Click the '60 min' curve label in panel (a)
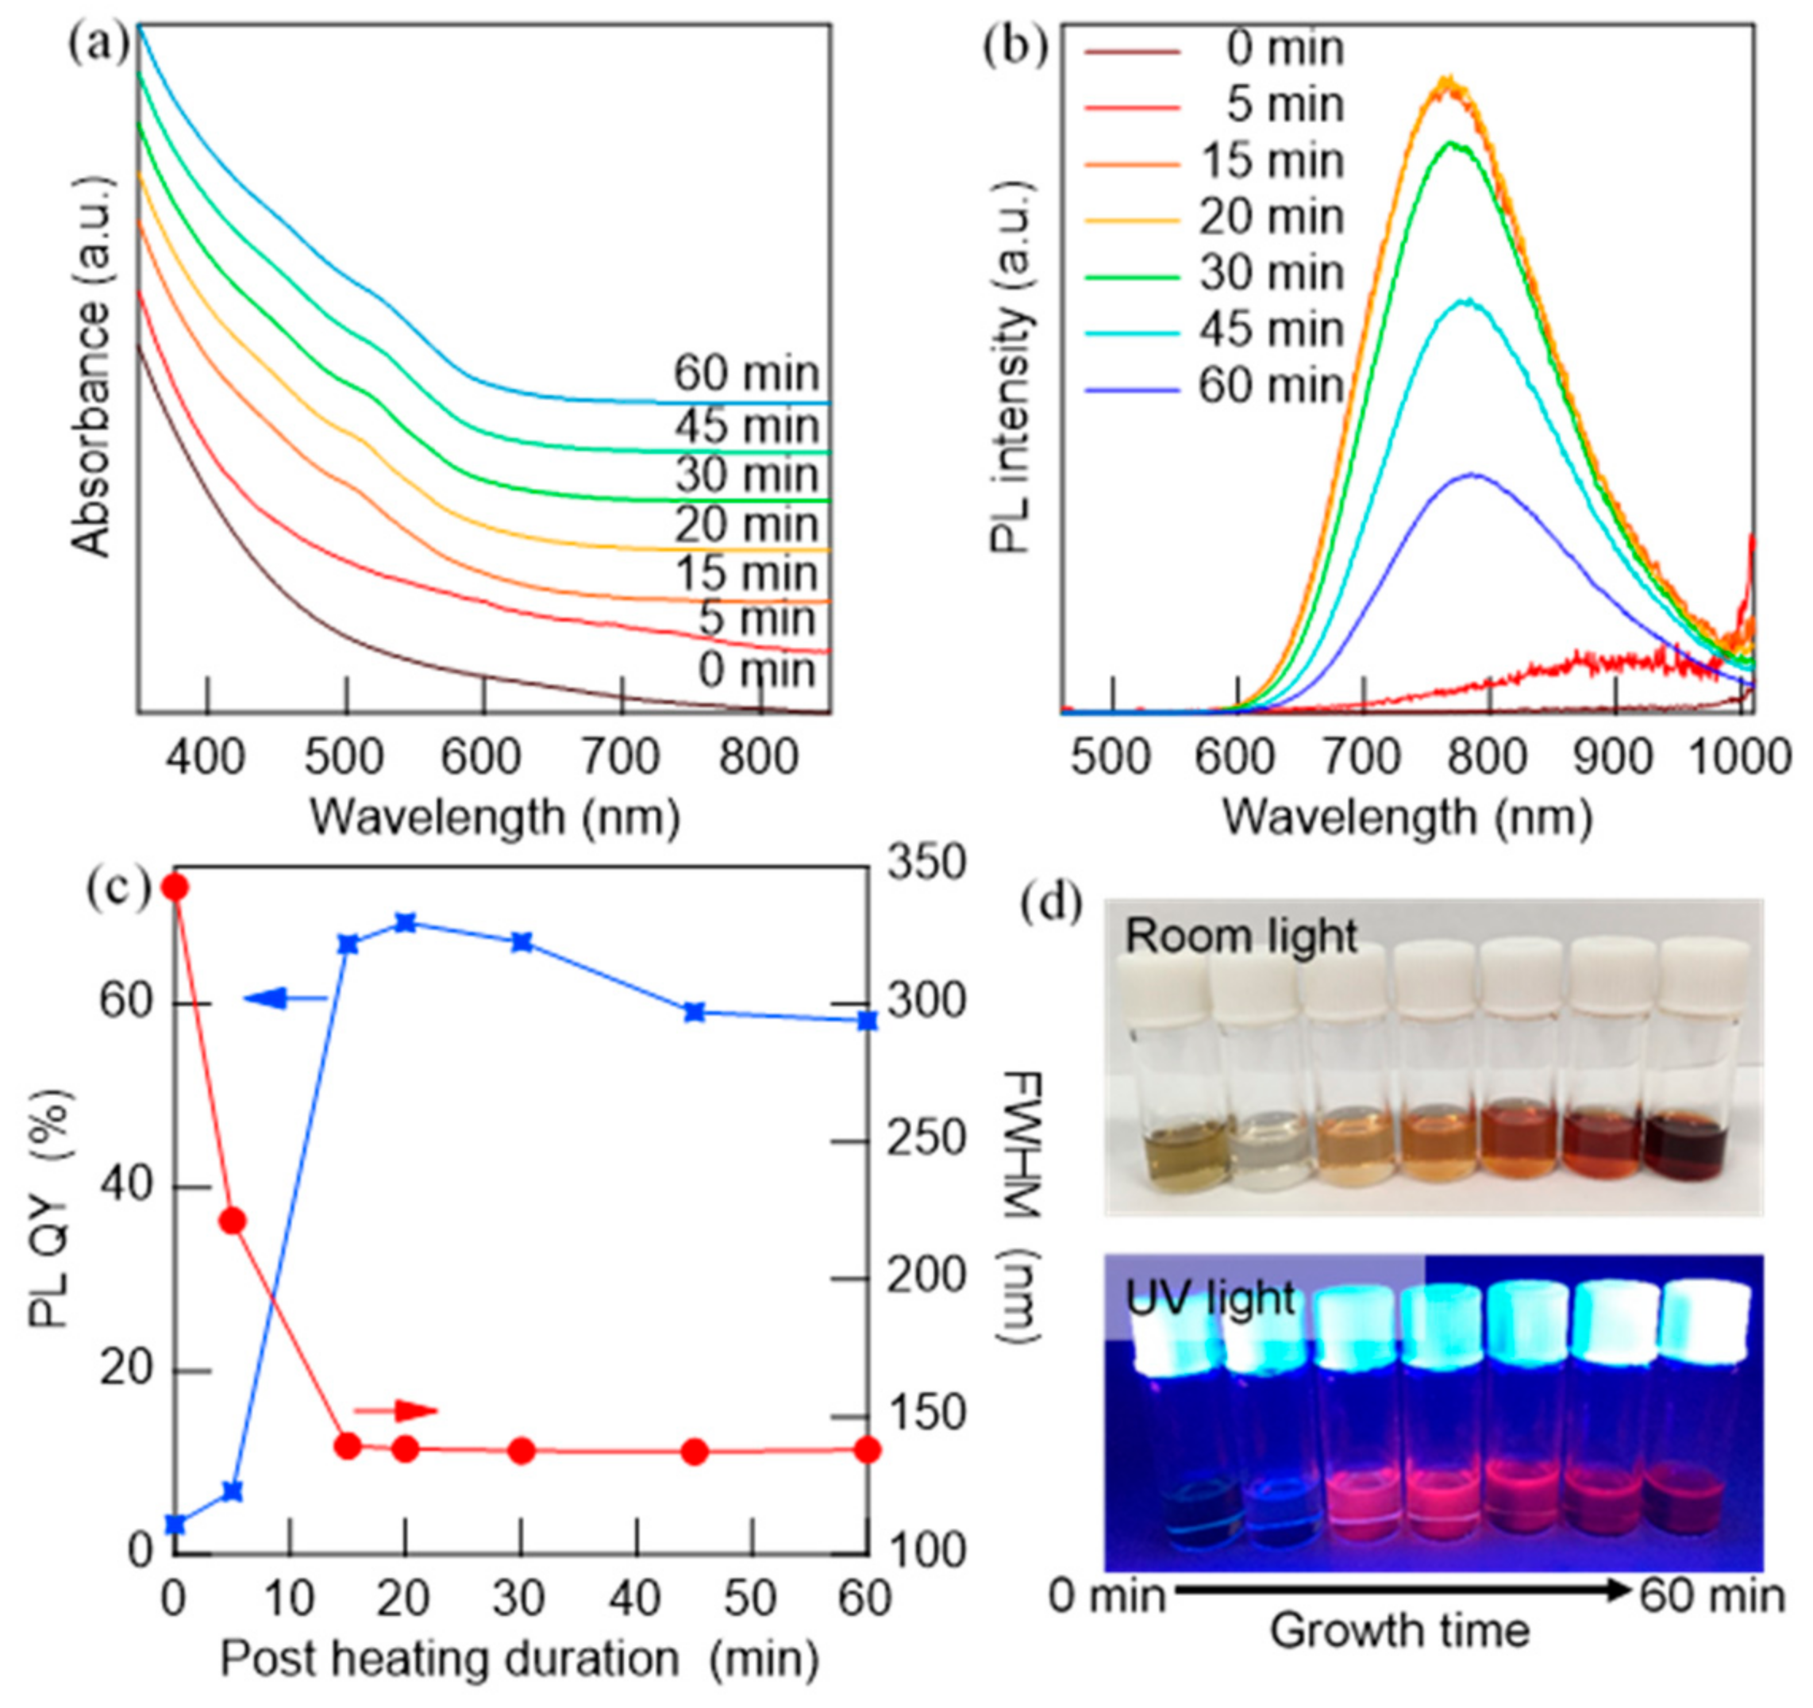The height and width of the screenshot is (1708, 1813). pos(746,374)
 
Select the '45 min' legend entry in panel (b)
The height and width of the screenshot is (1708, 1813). pos(1270,330)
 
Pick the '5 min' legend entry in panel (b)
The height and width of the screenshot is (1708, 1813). pos(1284,105)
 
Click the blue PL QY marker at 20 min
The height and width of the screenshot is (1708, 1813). pos(406,923)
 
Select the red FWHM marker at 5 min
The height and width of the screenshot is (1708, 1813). pos(233,1222)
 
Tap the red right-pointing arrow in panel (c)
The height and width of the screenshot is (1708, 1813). pos(396,1412)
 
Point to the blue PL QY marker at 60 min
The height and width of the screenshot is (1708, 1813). pos(868,1021)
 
